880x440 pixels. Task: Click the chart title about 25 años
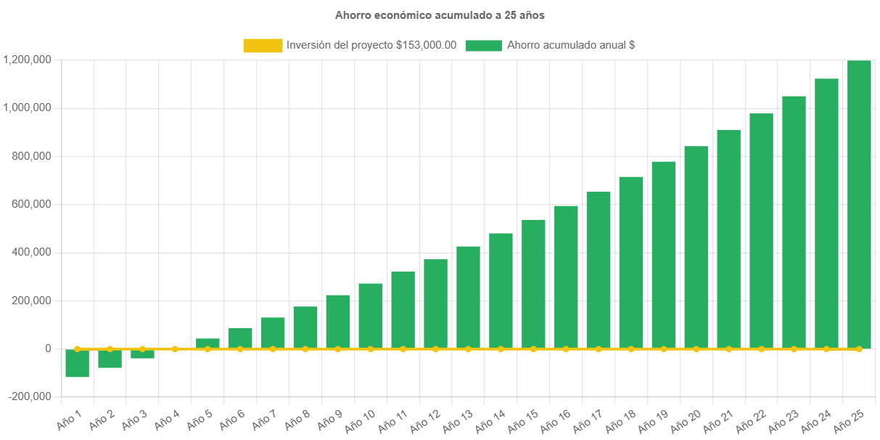440,15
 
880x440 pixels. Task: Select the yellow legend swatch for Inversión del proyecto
263,45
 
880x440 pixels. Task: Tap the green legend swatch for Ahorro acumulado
483,45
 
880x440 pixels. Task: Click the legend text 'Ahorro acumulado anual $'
571,45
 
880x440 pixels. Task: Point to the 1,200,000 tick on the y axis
27,60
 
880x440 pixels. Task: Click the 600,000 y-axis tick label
30,204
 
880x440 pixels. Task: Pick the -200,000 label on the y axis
30,396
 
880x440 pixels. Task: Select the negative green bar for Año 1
77,363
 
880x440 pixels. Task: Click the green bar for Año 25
859,203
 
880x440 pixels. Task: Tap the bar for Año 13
468,298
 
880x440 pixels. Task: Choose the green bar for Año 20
696,247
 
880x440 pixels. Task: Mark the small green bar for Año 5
207,343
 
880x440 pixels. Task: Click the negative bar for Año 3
142,354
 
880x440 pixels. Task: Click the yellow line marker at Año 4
175,349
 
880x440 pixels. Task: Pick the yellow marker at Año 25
859,349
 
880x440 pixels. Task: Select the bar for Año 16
566,276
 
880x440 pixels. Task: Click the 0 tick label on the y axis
48,349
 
